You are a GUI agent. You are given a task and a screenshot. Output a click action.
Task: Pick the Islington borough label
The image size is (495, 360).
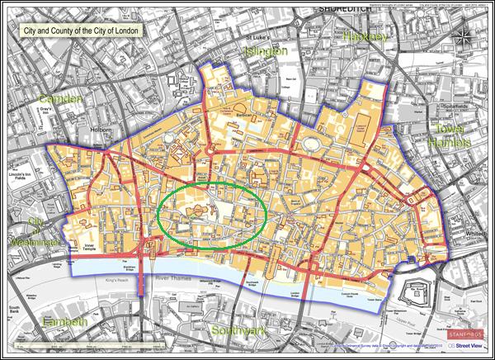(x=265, y=52)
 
